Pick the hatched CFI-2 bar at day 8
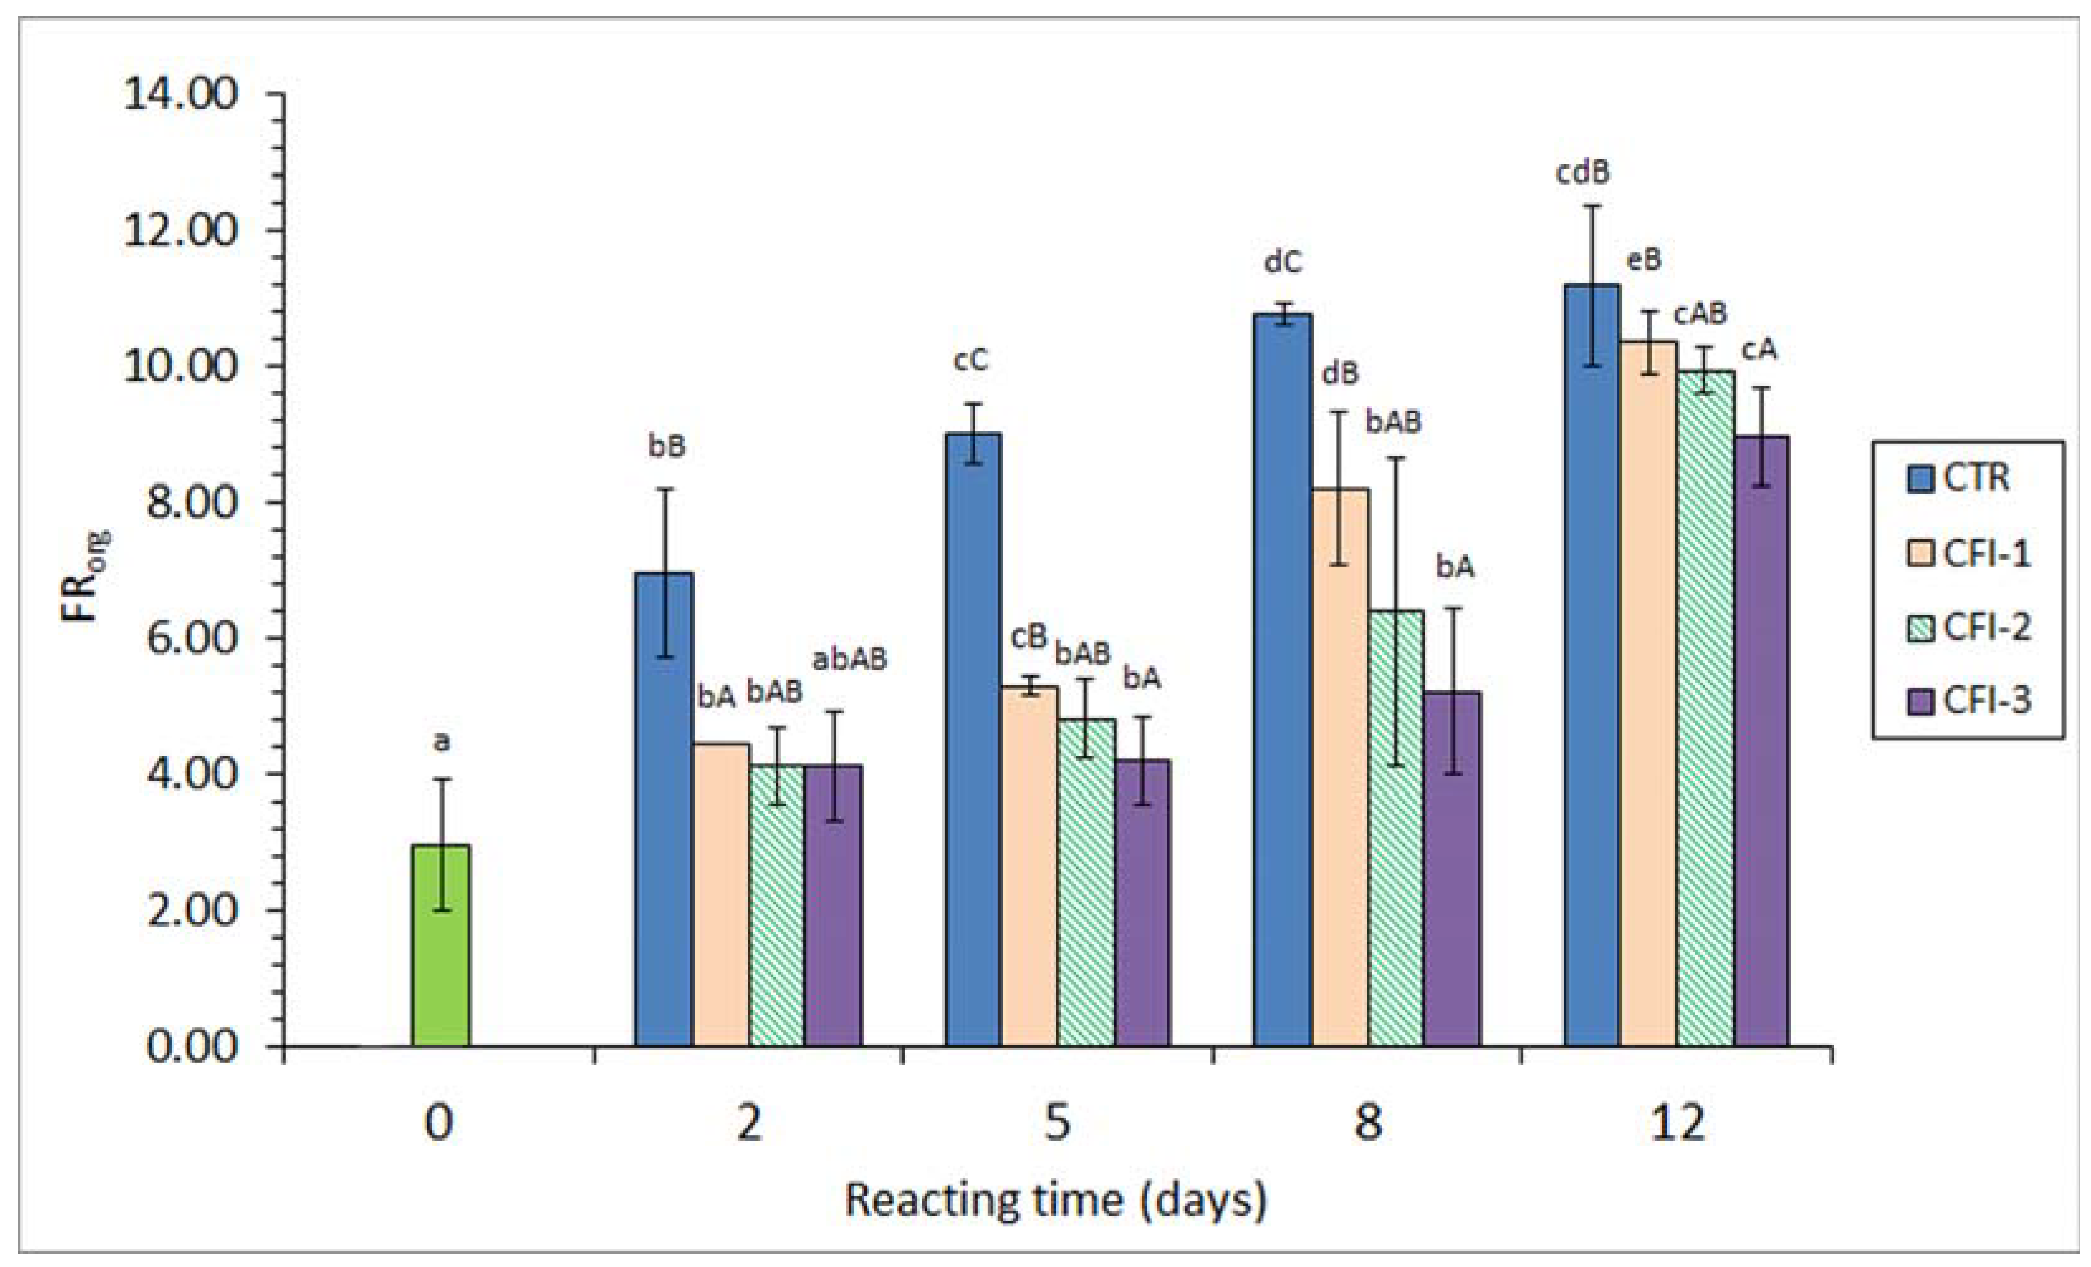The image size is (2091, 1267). tap(1395, 828)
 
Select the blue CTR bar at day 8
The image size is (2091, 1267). tap(1283, 679)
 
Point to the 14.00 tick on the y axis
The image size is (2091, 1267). tap(181, 94)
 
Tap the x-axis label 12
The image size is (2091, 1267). tap(1677, 1123)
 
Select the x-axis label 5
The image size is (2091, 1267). tap(1056, 1123)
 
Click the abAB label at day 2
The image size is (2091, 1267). tap(850, 659)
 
